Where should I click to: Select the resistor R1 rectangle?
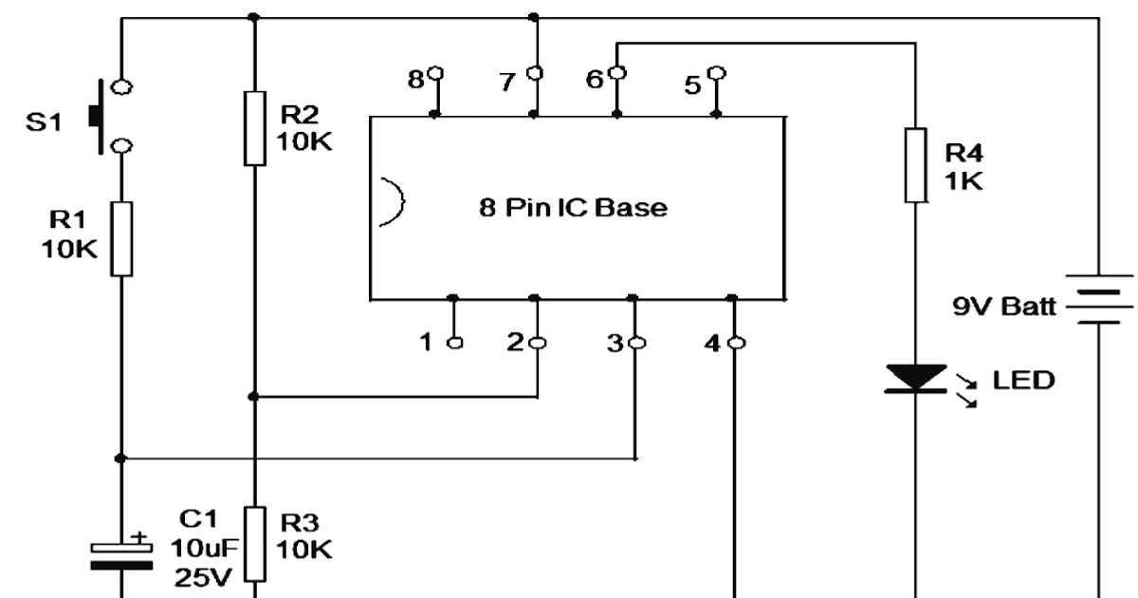(x=120, y=238)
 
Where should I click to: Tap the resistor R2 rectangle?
(x=253, y=128)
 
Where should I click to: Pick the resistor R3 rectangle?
(x=253, y=543)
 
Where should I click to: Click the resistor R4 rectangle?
(x=914, y=164)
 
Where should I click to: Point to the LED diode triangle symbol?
(x=914, y=380)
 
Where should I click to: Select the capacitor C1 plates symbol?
(x=120, y=555)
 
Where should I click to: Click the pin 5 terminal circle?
(x=717, y=73)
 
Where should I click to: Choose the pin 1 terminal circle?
(x=454, y=342)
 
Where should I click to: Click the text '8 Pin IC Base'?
(x=573, y=208)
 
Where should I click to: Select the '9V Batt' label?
(x=1006, y=307)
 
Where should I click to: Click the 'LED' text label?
(x=1023, y=381)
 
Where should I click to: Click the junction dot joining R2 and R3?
(x=253, y=397)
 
